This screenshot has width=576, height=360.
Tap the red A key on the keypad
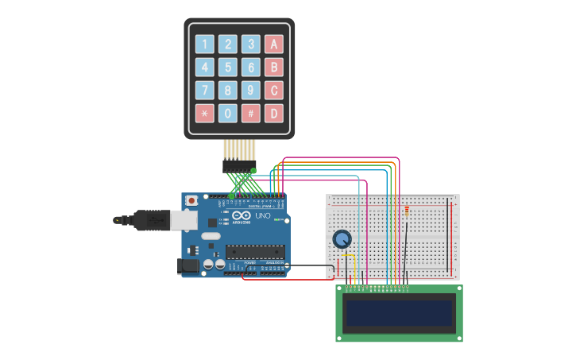[273, 45]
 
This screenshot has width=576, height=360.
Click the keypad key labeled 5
[228, 68]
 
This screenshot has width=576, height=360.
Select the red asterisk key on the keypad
[205, 114]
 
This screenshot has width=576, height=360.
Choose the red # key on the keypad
[251, 114]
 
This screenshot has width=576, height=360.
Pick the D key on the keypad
[273, 114]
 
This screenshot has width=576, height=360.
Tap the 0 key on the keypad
[228, 114]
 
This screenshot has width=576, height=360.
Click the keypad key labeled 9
[251, 91]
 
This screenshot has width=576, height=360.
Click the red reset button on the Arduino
[191, 201]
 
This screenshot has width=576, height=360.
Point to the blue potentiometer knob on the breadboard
[342, 238]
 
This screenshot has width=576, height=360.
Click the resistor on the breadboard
[407, 211]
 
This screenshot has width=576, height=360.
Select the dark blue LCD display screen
[399, 312]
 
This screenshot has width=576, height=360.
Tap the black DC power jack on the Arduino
[187, 266]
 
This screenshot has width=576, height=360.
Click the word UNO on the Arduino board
[262, 216]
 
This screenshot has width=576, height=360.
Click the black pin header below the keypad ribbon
[238, 166]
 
